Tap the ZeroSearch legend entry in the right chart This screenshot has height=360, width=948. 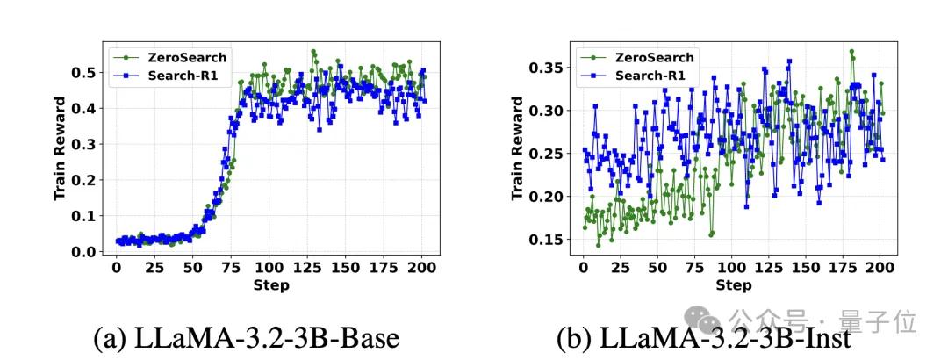[x=642, y=57]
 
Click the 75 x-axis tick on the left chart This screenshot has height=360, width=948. [x=231, y=268]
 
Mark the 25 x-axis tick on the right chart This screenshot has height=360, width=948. [x=620, y=268]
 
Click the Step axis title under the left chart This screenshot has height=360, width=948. [x=269, y=285]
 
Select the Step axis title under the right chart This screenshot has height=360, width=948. [x=734, y=285]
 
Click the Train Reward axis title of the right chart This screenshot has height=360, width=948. [x=517, y=149]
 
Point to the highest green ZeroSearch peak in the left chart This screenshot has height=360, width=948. [x=313, y=52]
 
